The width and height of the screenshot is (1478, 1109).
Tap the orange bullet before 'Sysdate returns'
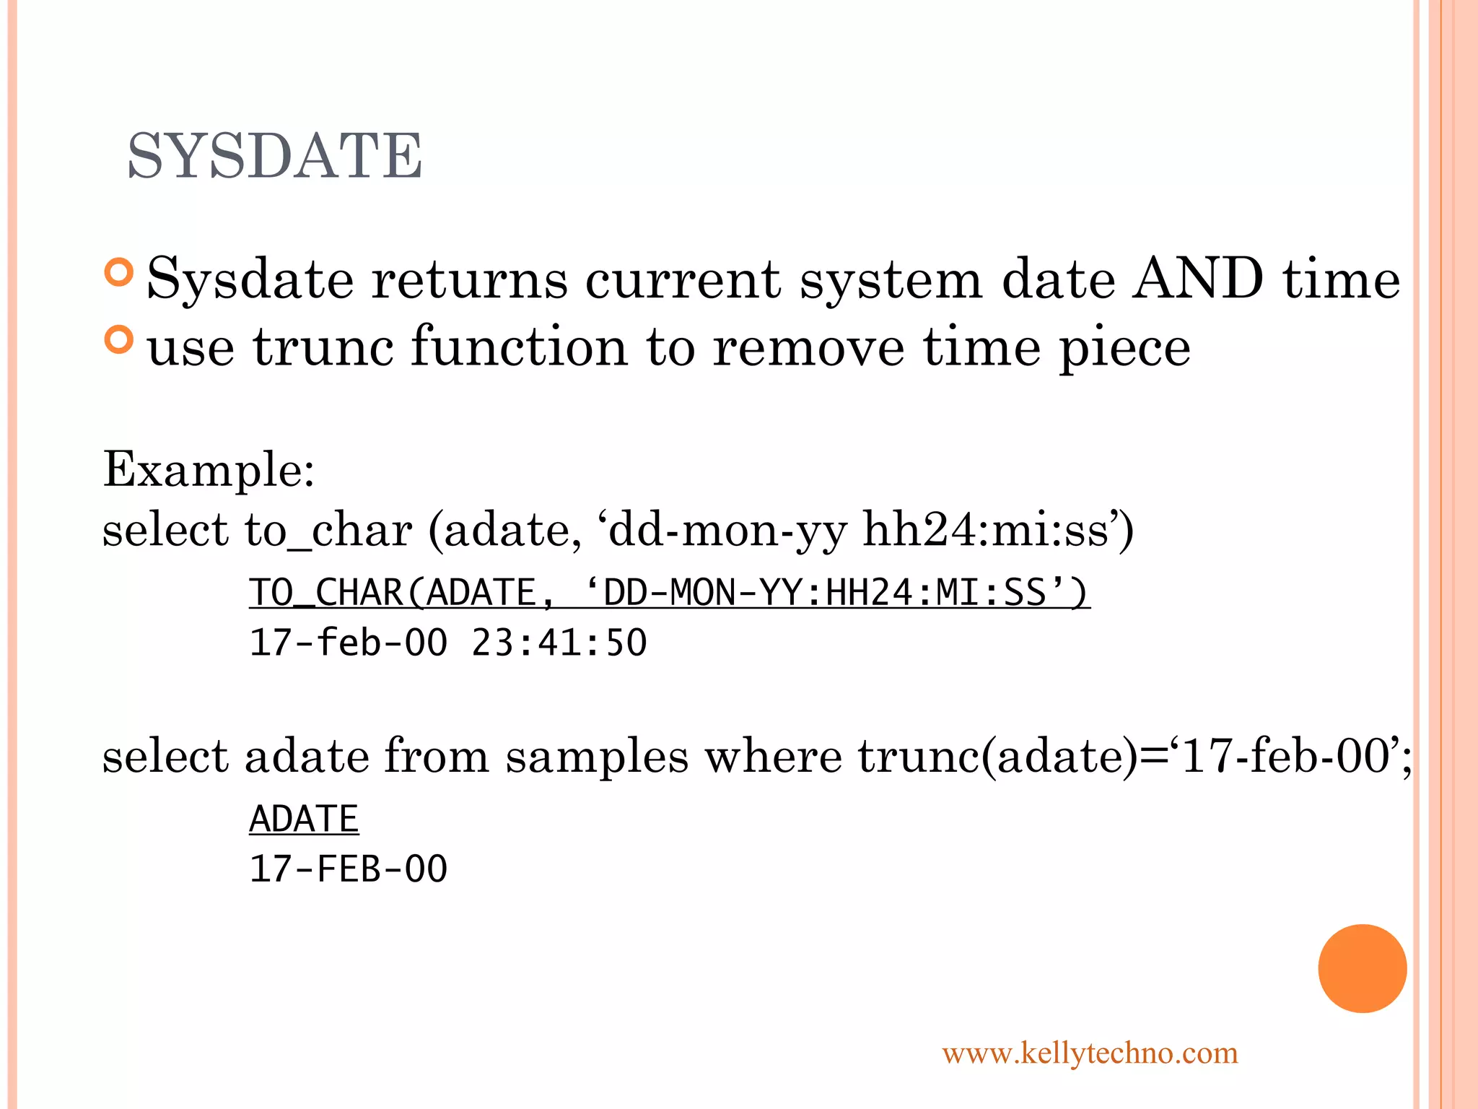coord(119,272)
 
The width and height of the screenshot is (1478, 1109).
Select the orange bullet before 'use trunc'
coord(119,340)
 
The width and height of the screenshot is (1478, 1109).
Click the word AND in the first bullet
coord(1197,278)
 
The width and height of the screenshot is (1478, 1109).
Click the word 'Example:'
coord(209,469)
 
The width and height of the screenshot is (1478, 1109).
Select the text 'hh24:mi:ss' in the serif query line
coord(985,530)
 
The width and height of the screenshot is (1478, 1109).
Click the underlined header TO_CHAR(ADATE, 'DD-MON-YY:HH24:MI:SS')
coord(669,593)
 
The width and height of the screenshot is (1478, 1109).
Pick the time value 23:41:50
coord(559,643)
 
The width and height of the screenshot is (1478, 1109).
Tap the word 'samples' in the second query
coord(597,757)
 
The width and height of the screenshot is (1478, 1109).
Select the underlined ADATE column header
coord(304,819)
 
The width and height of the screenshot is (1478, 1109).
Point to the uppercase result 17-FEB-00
coord(348,869)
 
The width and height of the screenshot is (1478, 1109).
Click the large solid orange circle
coord(1362,968)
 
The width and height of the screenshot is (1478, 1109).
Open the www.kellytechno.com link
coord(1090,1053)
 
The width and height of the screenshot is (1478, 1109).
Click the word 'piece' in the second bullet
coord(1124,347)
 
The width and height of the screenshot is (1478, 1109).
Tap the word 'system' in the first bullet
coord(891,279)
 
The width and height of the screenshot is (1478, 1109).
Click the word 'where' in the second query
coord(773,757)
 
